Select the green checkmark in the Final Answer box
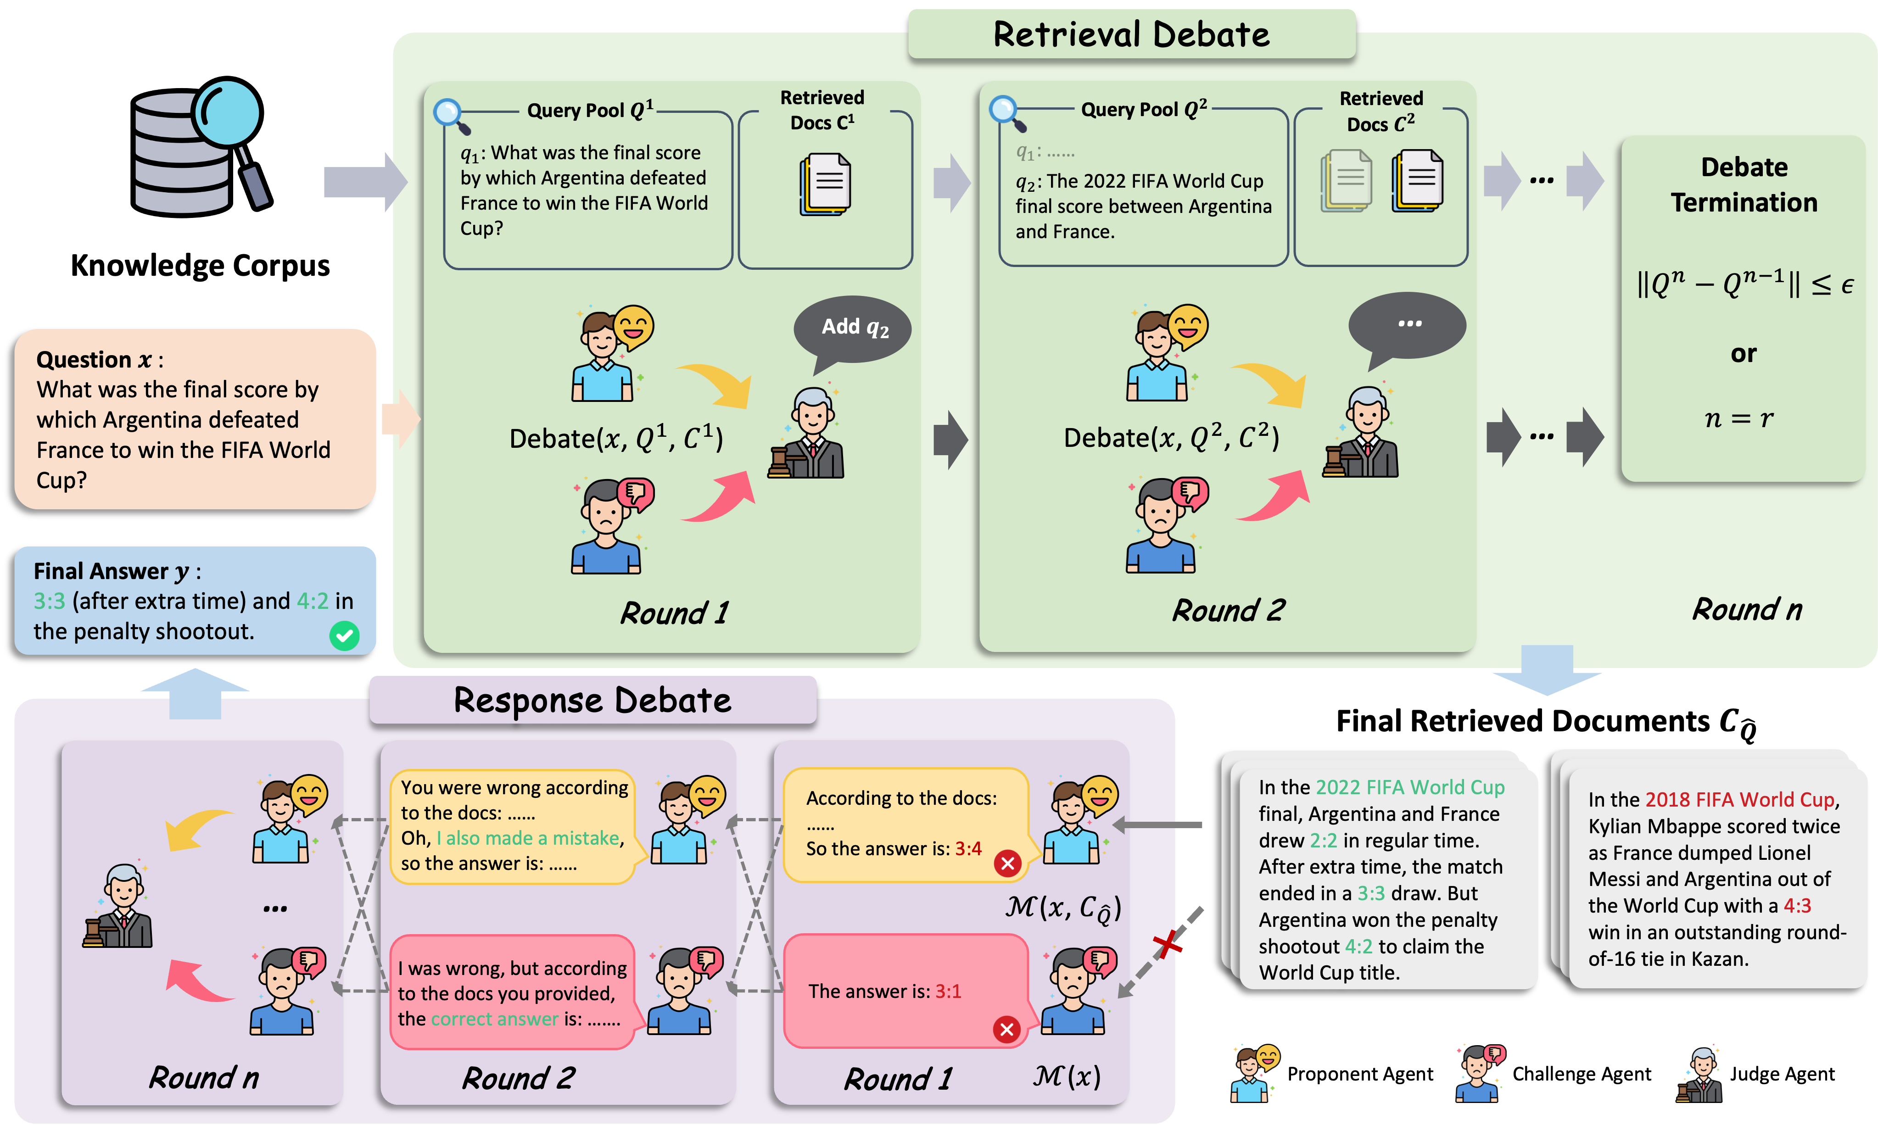click(344, 635)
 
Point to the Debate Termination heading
click(1744, 184)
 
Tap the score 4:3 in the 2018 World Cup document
click(1797, 905)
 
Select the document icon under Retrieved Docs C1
click(825, 184)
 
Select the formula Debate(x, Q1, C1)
click(615, 438)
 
